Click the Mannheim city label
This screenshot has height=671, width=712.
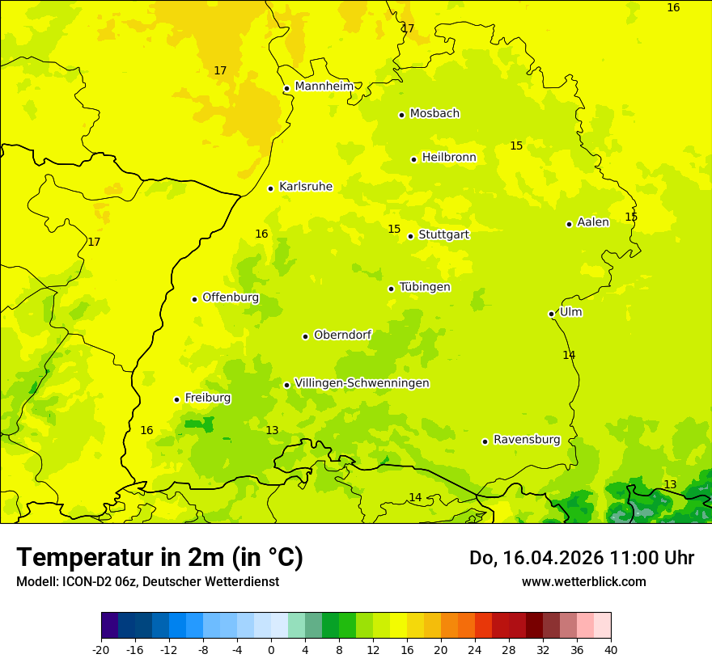click(324, 87)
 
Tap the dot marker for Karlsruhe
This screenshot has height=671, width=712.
click(270, 188)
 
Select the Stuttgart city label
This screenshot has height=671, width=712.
click(443, 235)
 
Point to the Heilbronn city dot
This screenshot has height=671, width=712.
click(413, 159)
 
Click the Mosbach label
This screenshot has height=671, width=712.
click(434, 114)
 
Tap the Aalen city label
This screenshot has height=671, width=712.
click(593, 222)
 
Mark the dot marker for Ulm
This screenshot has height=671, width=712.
click(551, 314)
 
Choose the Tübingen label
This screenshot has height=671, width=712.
click(425, 288)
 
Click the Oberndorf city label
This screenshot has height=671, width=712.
click(343, 335)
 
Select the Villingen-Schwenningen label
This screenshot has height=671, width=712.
click(362, 383)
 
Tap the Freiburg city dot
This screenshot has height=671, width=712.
click(176, 399)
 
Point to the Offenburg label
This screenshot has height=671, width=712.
click(231, 298)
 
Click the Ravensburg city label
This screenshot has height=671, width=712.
click(527, 440)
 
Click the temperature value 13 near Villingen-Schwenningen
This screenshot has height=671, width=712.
click(272, 430)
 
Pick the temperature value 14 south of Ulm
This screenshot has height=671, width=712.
click(569, 355)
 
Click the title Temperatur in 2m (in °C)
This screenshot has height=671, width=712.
click(159, 558)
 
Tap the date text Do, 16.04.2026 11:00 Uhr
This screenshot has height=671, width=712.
click(581, 558)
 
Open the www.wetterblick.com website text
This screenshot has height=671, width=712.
click(583, 581)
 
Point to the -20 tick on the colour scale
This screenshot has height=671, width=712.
click(101, 649)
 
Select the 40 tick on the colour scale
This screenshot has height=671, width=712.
click(611, 649)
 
